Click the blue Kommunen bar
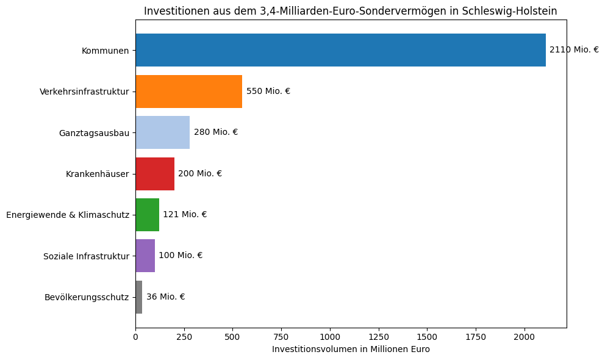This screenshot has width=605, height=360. (x=340, y=50)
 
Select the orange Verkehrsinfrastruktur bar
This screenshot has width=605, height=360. (x=188, y=92)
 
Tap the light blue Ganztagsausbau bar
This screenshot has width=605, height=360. (x=162, y=132)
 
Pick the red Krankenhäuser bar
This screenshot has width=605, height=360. (x=155, y=173)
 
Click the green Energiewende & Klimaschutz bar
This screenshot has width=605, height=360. (x=147, y=215)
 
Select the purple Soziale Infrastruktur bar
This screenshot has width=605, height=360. (x=145, y=256)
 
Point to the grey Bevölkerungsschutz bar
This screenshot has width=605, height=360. (x=139, y=297)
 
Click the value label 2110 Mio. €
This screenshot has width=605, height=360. (x=574, y=50)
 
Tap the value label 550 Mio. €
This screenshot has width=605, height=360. (x=268, y=92)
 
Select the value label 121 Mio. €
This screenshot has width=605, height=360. (x=185, y=215)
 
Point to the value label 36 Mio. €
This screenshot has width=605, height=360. (x=165, y=297)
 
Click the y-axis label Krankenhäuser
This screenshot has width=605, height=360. (x=98, y=174)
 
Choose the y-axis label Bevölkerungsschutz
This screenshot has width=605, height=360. (x=87, y=297)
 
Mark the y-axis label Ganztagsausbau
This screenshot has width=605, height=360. (x=94, y=133)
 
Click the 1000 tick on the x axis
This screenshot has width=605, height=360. (x=330, y=336)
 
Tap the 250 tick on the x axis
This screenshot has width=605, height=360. (x=184, y=336)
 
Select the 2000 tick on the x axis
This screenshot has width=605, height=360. (x=524, y=336)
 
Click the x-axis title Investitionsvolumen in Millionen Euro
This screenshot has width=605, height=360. (x=351, y=349)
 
